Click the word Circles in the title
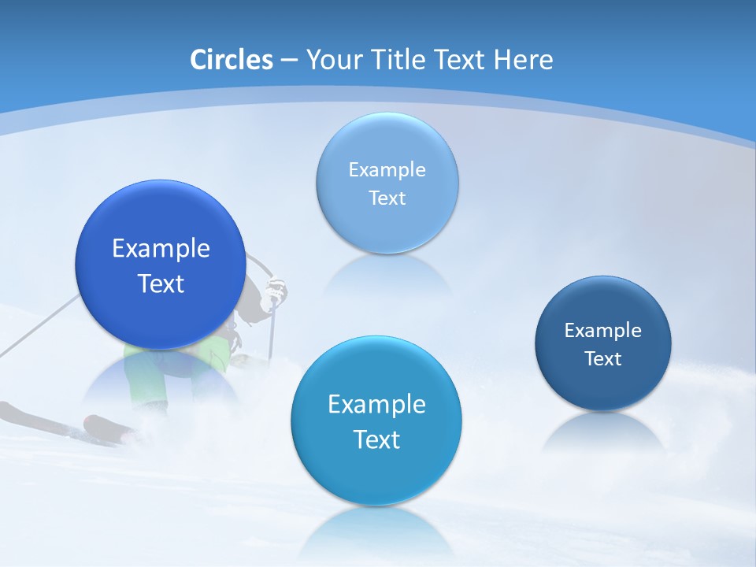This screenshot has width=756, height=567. pos(232,60)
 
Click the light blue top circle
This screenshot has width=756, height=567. pos(387,142)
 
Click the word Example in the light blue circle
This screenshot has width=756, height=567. pos(387,169)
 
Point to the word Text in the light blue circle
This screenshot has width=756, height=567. pos(387,198)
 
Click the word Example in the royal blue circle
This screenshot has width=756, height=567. pos(161,248)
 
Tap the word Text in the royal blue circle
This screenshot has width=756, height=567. pos(161,283)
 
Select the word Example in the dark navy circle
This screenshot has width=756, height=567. pos(603,330)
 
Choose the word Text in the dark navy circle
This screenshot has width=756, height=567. pos(603,359)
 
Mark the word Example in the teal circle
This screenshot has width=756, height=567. pos(376,404)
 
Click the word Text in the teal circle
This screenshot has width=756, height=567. pos(376,439)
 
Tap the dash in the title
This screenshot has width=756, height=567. pos(288,61)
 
